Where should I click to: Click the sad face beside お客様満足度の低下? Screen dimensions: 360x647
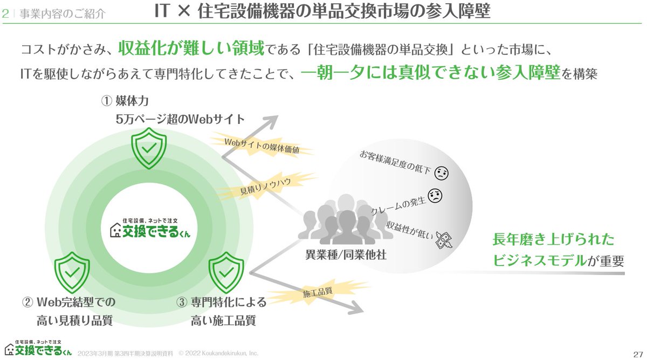tap(442, 173)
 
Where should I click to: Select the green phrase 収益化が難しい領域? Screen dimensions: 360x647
tap(191, 49)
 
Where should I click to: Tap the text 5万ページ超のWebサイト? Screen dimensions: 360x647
tap(180, 119)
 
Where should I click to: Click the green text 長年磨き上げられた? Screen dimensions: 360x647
tap(553, 240)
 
